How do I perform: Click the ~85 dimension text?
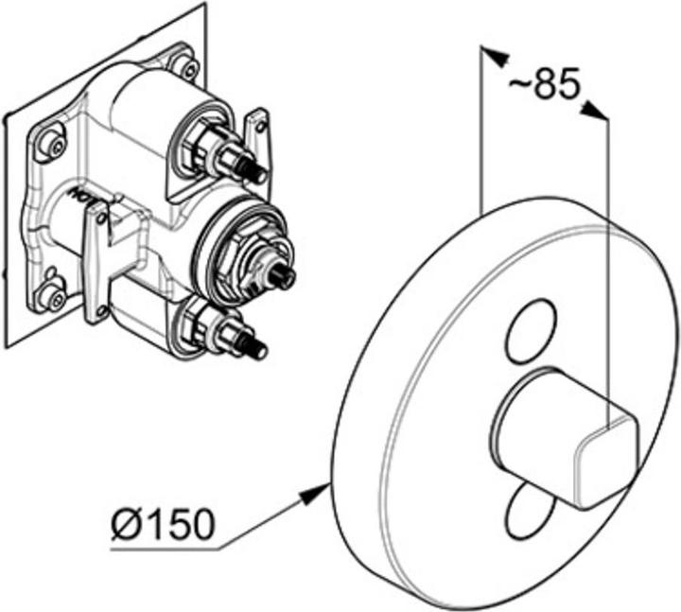click(543, 87)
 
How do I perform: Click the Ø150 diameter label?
click(162, 523)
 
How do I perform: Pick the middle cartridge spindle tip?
click(284, 276)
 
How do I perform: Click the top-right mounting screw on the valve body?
click(189, 68)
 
